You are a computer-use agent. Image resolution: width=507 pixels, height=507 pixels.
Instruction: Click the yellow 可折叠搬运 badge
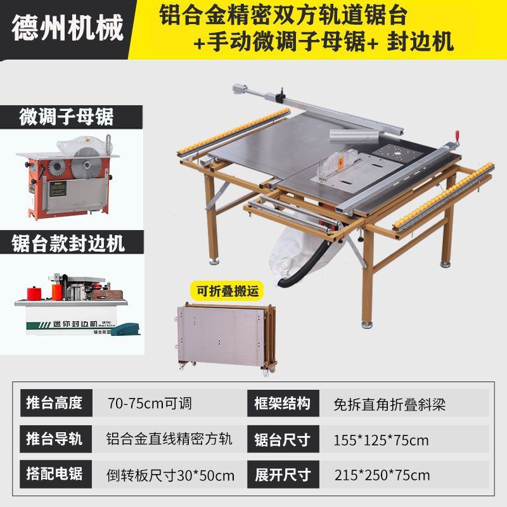(228, 291)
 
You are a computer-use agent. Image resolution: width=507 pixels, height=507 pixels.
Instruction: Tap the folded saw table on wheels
(227, 338)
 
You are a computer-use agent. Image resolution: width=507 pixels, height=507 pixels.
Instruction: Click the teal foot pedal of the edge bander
(125, 329)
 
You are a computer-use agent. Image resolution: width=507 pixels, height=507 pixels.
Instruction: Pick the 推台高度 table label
(56, 403)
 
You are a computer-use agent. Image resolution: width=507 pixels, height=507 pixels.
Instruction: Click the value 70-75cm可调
(150, 403)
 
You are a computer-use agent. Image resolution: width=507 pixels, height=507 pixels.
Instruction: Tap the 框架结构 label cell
(283, 403)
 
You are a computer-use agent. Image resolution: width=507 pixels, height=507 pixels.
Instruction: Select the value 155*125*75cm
(381, 440)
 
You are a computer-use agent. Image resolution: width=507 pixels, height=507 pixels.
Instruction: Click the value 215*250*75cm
(382, 475)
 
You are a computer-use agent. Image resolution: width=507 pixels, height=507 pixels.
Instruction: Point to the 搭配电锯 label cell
(56, 474)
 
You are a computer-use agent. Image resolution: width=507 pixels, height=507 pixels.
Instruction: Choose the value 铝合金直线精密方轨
(169, 439)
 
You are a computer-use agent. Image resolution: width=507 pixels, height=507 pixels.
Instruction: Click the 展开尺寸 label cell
(283, 475)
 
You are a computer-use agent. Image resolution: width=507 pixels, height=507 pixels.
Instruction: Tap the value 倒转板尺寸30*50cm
(170, 476)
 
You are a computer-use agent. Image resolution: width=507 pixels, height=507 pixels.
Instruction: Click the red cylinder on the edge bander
(34, 293)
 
